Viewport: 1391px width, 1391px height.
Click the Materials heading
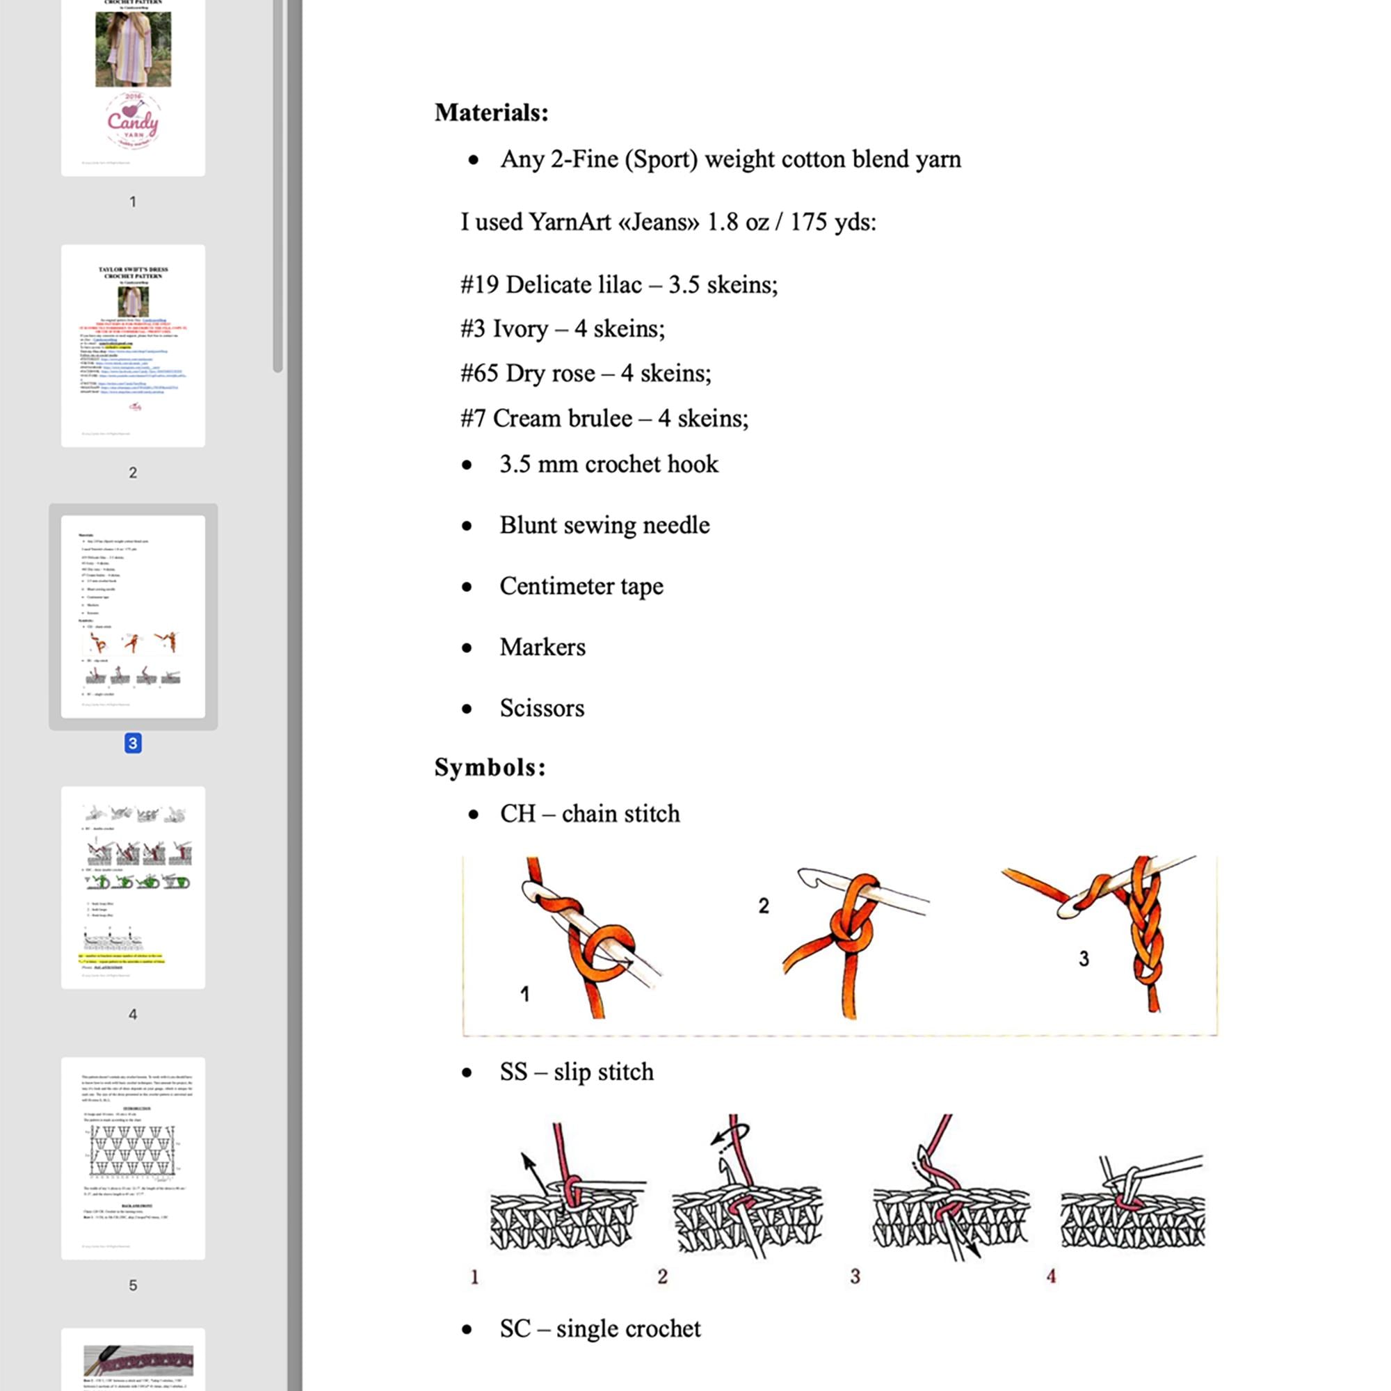[x=491, y=112]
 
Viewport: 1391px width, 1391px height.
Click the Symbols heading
[x=490, y=768]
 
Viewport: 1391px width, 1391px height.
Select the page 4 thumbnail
[x=134, y=887]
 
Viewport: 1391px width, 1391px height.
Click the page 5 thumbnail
[x=134, y=1158]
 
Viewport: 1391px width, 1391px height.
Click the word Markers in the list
[x=542, y=648]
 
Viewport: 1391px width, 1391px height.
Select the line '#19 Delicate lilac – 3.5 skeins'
[x=619, y=285]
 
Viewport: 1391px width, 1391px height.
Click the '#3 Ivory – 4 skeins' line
[x=562, y=329]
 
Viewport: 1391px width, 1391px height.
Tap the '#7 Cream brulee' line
[x=604, y=418]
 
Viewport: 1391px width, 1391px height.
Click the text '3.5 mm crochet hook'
[x=609, y=465]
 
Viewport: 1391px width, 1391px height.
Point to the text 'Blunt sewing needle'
[x=604, y=526]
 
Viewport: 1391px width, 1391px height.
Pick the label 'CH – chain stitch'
[x=590, y=814]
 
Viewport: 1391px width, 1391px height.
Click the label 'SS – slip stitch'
[x=577, y=1072]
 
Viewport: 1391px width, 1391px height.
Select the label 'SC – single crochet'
[x=600, y=1328]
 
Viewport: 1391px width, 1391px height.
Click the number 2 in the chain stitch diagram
[x=764, y=906]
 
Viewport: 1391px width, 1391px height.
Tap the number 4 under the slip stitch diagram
[x=1051, y=1276]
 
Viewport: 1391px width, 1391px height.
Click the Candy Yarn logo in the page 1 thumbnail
[x=134, y=121]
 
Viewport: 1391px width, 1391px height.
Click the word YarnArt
[x=570, y=222]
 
